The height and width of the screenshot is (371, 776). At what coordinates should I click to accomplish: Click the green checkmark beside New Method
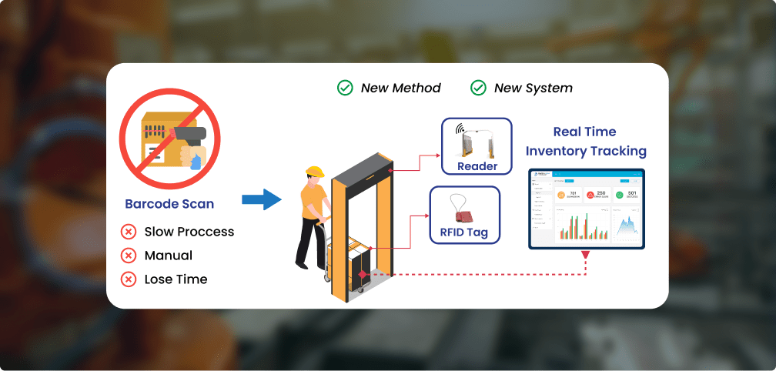pyautogui.click(x=345, y=88)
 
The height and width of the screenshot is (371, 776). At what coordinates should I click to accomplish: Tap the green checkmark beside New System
pyautogui.click(x=478, y=88)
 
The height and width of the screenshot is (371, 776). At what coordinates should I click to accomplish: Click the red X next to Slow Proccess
pyautogui.click(x=129, y=232)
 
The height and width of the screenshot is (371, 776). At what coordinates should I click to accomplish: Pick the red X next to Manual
pyautogui.click(x=129, y=256)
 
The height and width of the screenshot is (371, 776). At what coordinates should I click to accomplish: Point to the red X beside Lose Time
pyautogui.click(x=129, y=279)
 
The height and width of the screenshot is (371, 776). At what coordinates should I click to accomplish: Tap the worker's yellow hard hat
pyautogui.click(x=313, y=171)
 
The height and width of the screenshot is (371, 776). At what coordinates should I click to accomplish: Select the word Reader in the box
pyautogui.click(x=477, y=166)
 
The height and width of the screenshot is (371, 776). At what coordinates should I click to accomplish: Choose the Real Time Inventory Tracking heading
pyautogui.click(x=587, y=141)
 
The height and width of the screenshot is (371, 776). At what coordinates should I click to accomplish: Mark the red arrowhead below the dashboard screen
pyautogui.click(x=586, y=255)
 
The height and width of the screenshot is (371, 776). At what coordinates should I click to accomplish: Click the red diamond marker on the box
pyautogui.click(x=362, y=274)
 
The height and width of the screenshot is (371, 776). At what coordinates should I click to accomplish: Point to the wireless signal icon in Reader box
pyautogui.click(x=460, y=129)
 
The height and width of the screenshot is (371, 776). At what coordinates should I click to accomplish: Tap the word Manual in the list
pyautogui.click(x=168, y=256)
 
